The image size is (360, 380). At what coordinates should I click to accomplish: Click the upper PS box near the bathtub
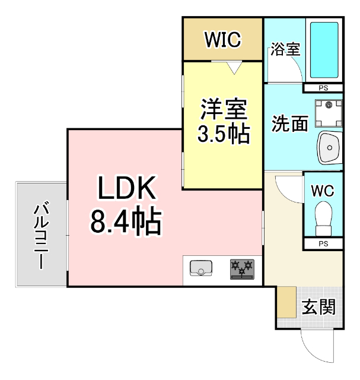(x=323, y=88)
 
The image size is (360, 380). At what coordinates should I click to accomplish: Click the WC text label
(x=323, y=191)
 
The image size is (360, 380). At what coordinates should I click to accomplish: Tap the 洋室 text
(x=222, y=109)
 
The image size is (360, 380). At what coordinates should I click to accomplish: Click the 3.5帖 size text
(x=222, y=135)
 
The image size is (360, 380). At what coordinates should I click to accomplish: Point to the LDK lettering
(x=126, y=190)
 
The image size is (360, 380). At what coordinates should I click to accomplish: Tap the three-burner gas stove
(x=242, y=269)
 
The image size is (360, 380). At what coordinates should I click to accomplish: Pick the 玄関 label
(x=318, y=307)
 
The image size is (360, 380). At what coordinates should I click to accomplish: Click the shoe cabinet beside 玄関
(x=288, y=302)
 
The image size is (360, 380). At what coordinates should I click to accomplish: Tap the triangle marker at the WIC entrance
(x=235, y=68)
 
